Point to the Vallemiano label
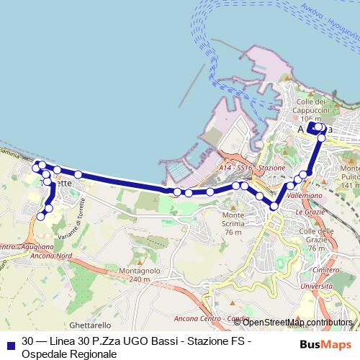[303, 194]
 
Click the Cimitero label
[326, 269]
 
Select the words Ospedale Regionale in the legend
[69, 354]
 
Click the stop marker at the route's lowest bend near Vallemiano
[274, 207]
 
